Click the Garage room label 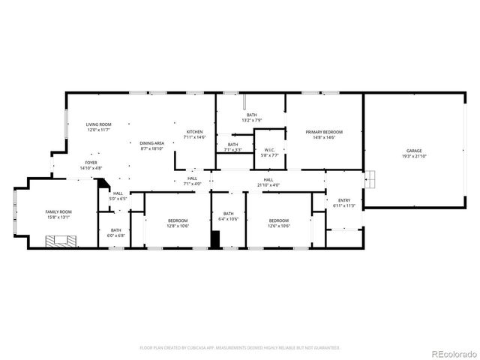coord(414,151)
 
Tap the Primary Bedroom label coord(324,132)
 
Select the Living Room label coord(98,124)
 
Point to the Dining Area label coord(151,143)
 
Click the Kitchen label coord(195,132)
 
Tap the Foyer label coord(91,162)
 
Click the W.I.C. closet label coord(270,150)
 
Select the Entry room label coord(343,200)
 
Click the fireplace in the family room coord(59,241)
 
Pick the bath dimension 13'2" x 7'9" coord(251,120)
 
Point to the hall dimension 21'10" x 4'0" coord(268,184)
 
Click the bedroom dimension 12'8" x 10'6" coord(178,226)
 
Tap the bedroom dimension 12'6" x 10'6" coord(279,226)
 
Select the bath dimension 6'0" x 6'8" coord(116,235)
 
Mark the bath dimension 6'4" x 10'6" coord(229,219)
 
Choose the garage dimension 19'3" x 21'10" coord(414,156)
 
